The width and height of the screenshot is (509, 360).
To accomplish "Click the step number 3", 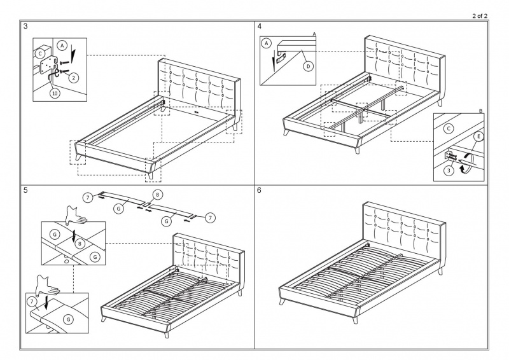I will coord(25,27).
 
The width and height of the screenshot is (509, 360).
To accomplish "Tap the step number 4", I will coord(260,27).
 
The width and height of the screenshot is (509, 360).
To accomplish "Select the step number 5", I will coord(25,190).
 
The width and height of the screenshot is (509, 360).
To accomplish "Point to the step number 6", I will coord(260,190).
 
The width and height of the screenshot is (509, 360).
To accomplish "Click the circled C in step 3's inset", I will coord(41,53).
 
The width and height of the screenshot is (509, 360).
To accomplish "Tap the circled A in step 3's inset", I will coord(62,45).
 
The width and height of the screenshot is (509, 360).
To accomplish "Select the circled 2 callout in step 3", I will coord(74,78).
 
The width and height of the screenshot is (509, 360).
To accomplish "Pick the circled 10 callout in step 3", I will coord(55,93).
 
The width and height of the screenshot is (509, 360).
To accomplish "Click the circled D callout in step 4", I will coord(308,66).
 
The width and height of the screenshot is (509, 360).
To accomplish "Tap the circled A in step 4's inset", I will coord(267,43).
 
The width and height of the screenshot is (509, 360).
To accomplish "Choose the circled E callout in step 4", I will coord(478,137).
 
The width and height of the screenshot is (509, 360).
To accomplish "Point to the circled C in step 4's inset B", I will coord(449,128).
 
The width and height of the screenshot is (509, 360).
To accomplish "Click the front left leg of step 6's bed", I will coord(282,300).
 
